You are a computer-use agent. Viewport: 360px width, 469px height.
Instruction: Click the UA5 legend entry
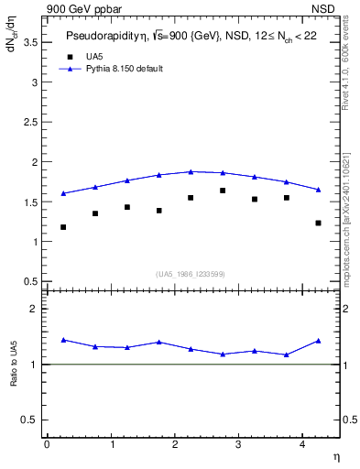coord(94,57)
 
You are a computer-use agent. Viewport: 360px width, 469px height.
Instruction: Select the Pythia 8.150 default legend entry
coord(124,69)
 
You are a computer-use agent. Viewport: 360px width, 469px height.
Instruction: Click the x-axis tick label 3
coord(238,445)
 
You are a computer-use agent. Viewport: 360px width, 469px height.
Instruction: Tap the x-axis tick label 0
coord(47,445)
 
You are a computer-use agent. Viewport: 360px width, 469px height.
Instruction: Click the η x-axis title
coord(335,456)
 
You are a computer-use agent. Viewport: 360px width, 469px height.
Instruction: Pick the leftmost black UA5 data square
coord(63,227)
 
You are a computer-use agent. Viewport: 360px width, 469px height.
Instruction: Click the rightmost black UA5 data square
coord(318,223)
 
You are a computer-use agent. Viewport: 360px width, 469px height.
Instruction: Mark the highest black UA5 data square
coord(223,191)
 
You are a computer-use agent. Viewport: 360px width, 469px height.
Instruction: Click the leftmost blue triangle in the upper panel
coord(63,193)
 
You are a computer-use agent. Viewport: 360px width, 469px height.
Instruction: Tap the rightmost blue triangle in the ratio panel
coord(318,341)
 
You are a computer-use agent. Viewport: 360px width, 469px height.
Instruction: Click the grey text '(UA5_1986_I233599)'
coord(190,274)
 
